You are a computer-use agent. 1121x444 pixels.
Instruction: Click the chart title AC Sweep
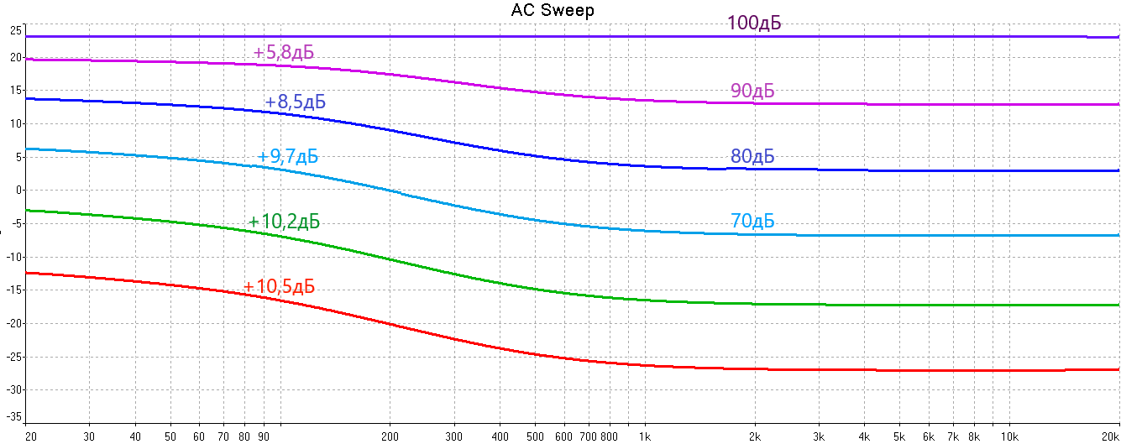coord(553,10)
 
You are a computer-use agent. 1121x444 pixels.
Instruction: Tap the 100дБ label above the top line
coord(754,23)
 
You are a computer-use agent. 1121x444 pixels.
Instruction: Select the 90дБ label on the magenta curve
coord(752,91)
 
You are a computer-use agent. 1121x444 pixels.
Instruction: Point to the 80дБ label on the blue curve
coord(752,156)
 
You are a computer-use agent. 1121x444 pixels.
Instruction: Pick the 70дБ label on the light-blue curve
coord(752,222)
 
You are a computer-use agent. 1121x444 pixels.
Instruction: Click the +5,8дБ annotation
coord(284,53)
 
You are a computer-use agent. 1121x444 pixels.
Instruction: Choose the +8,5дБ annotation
coord(295,102)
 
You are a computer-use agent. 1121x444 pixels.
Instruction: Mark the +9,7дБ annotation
coord(288,156)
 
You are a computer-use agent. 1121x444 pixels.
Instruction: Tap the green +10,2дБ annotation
coord(284,222)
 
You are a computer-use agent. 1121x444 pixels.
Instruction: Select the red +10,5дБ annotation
coord(279,286)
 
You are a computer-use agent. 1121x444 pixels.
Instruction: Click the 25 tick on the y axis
coord(14,31)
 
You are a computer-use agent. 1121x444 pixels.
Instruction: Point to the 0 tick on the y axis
coord(18,190)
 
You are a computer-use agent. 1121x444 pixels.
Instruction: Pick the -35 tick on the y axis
coord(13,415)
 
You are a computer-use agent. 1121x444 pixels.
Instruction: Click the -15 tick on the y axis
coord(13,290)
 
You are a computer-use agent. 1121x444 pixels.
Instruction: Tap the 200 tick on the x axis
coord(390,436)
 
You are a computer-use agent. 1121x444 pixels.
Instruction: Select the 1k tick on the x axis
coord(645,436)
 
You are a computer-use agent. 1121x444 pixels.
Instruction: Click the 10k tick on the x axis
coord(1009,436)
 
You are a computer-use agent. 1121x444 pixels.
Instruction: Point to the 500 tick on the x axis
coord(535,436)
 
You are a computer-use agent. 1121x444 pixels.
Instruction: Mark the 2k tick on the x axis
coord(755,436)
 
